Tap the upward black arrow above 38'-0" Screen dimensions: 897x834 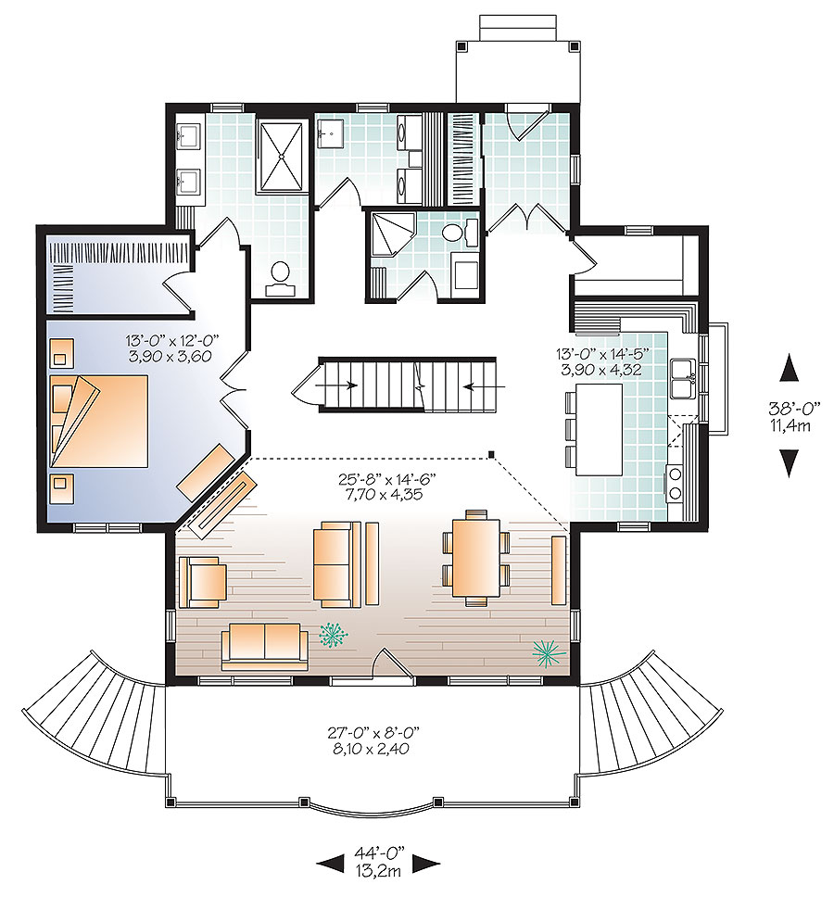tap(789, 368)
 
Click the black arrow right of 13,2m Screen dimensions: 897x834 tap(426, 865)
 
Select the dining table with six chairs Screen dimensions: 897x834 tap(475, 558)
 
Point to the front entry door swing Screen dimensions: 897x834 tap(387, 665)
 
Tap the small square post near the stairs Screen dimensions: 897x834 tap(492, 455)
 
